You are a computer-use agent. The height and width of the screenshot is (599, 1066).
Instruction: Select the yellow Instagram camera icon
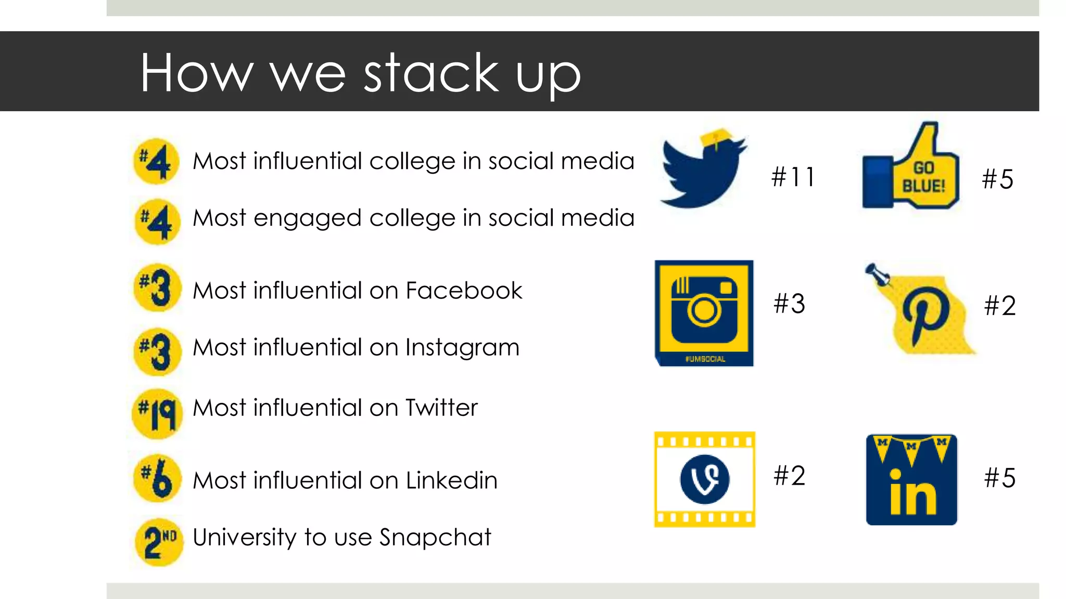coord(704,312)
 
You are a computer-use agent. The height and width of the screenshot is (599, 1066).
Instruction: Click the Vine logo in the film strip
coord(705,479)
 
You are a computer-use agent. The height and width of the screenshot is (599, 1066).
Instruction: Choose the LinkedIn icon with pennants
coord(911,479)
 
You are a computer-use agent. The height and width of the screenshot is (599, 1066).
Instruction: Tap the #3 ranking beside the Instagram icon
coord(790,304)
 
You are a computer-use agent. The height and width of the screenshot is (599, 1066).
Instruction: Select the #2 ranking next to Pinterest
coord(1000,306)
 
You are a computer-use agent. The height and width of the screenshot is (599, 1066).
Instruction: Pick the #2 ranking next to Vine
coord(790,476)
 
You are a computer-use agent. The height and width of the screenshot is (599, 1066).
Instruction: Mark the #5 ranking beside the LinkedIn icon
coord(1000,478)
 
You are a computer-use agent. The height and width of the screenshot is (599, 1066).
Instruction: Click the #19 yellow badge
coord(157,414)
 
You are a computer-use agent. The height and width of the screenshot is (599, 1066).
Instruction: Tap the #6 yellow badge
coord(157,478)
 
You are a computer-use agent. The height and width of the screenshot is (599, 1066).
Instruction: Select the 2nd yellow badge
coord(159,542)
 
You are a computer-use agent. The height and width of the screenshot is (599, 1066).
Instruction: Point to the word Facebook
coord(464,291)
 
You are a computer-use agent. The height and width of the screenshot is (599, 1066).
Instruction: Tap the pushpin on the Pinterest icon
coord(877,274)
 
